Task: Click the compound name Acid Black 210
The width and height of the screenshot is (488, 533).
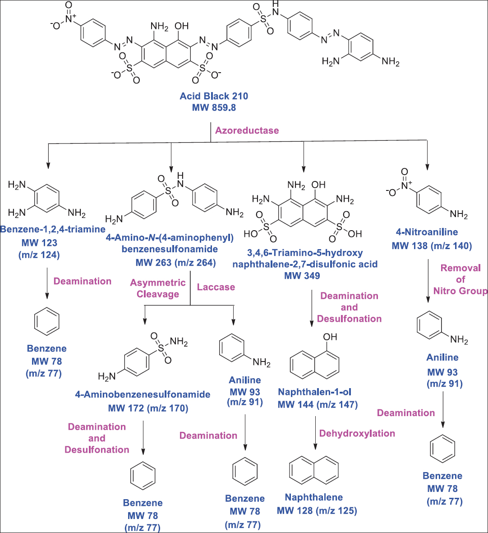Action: (x=214, y=96)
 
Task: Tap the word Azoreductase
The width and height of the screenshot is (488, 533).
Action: (x=247, y=130)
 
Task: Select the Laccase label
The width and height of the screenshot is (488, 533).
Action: (x=216, y=287)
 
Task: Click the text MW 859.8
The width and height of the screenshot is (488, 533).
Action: (x=214, y=108)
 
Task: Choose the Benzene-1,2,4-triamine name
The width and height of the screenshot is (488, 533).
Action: (x=53, y=229)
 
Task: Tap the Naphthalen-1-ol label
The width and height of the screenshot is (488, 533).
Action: (x=314, y=392)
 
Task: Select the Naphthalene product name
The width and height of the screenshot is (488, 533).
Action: (x=313, y=497)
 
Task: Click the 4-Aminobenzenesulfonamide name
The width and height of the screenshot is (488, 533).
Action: (x=143, y=394)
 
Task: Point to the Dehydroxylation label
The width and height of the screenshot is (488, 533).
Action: (x=357, y=434)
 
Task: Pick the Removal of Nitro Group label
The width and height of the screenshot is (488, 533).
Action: (x=460, y=279)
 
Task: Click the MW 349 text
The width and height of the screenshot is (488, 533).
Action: (x=302, y=275)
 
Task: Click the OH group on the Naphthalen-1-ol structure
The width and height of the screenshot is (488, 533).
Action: (x=330, y=337)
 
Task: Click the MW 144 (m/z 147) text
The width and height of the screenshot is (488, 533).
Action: (x=318, y=404)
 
